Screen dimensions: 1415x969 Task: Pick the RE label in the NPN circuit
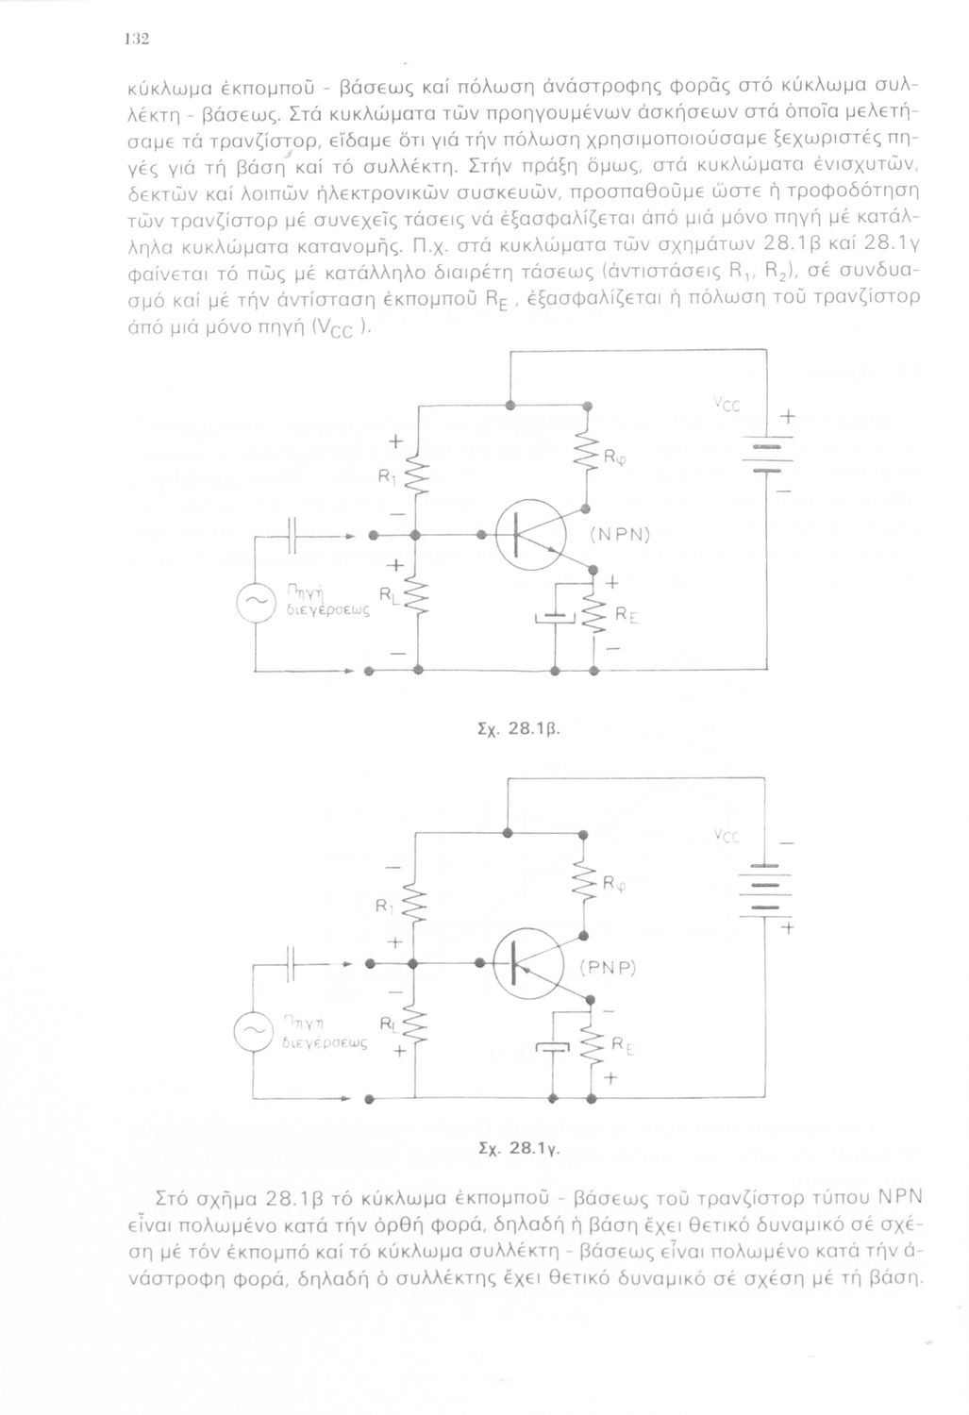pyautogui.click(x=627, y=614)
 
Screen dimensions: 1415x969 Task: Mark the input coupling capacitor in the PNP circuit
pyautogui.click(x=295, y=965)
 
